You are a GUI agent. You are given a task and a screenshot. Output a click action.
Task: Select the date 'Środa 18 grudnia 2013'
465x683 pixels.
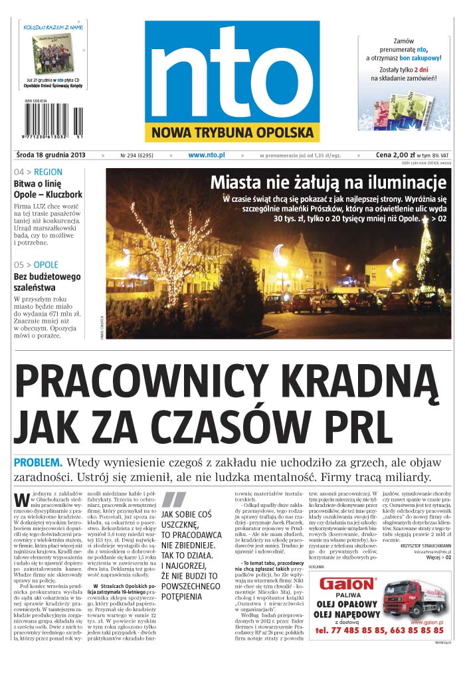click(50, 155)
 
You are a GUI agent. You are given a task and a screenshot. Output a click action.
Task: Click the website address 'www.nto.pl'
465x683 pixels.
click(206, 155)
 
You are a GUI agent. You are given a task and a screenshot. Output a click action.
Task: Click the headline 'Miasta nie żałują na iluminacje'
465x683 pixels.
click(328, 182)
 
